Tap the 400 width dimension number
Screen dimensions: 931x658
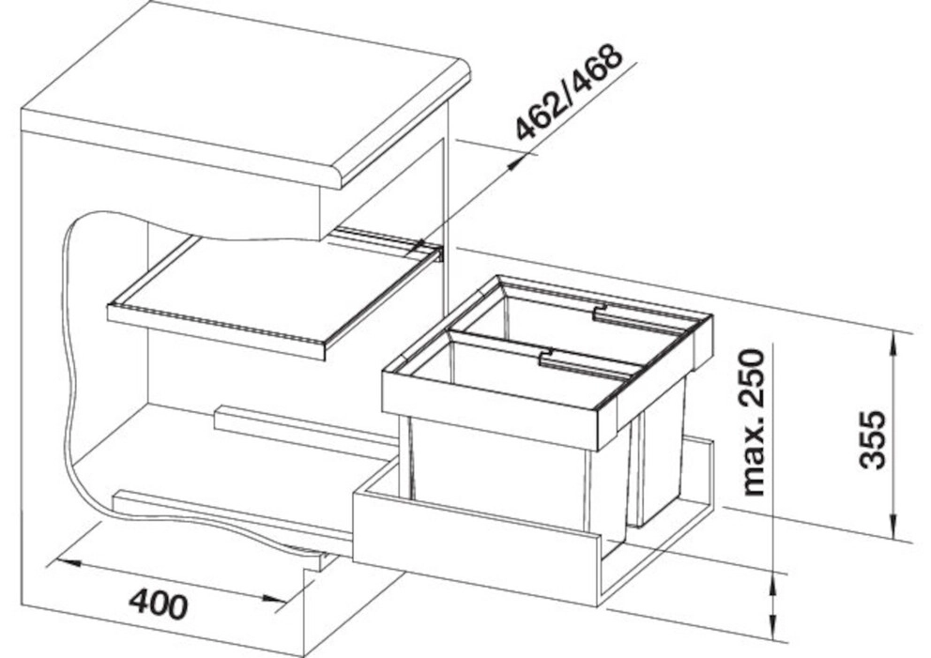[x=159, y=604]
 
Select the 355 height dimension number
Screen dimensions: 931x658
[x=872, y=439]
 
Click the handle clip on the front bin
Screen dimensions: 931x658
[x=546, y=357]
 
